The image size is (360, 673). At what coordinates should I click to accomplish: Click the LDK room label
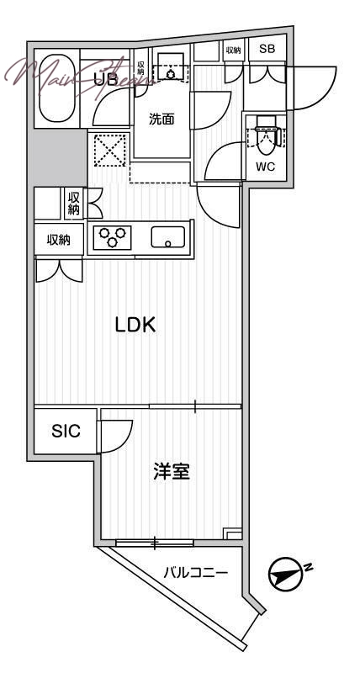point(135,326)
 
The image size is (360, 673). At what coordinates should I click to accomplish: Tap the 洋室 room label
point(171,472)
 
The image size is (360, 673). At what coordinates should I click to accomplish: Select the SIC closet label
point(66,432)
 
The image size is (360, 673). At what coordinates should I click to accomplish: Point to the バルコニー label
point(196,574)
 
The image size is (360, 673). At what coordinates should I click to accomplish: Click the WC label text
point(265,166)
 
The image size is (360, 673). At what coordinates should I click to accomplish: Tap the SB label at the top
point(267,50)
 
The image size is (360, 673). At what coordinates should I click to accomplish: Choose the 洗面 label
point(161,119)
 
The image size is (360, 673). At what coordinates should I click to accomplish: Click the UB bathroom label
point(105,81)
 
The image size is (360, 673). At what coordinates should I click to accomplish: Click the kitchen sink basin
point(168,237)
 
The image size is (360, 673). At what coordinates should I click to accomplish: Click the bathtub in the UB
point(57,90)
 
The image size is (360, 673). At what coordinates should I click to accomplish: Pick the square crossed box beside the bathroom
point(109,151)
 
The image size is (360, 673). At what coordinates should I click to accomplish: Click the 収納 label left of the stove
point(58,240)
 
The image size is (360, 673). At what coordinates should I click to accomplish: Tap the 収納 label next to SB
point(233,50)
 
